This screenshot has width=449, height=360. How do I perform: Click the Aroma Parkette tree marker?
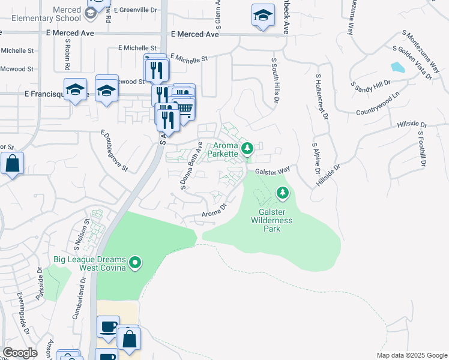(x=246, y=147)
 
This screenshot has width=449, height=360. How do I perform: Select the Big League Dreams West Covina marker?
(x=135, y=262)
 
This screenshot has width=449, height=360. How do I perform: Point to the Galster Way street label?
(x=273, y=171)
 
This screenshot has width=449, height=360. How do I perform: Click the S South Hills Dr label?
(x=276, y=80)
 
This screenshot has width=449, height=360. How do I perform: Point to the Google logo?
(x=20, y=353)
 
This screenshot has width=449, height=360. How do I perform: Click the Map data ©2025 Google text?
(x=412, y=355)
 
